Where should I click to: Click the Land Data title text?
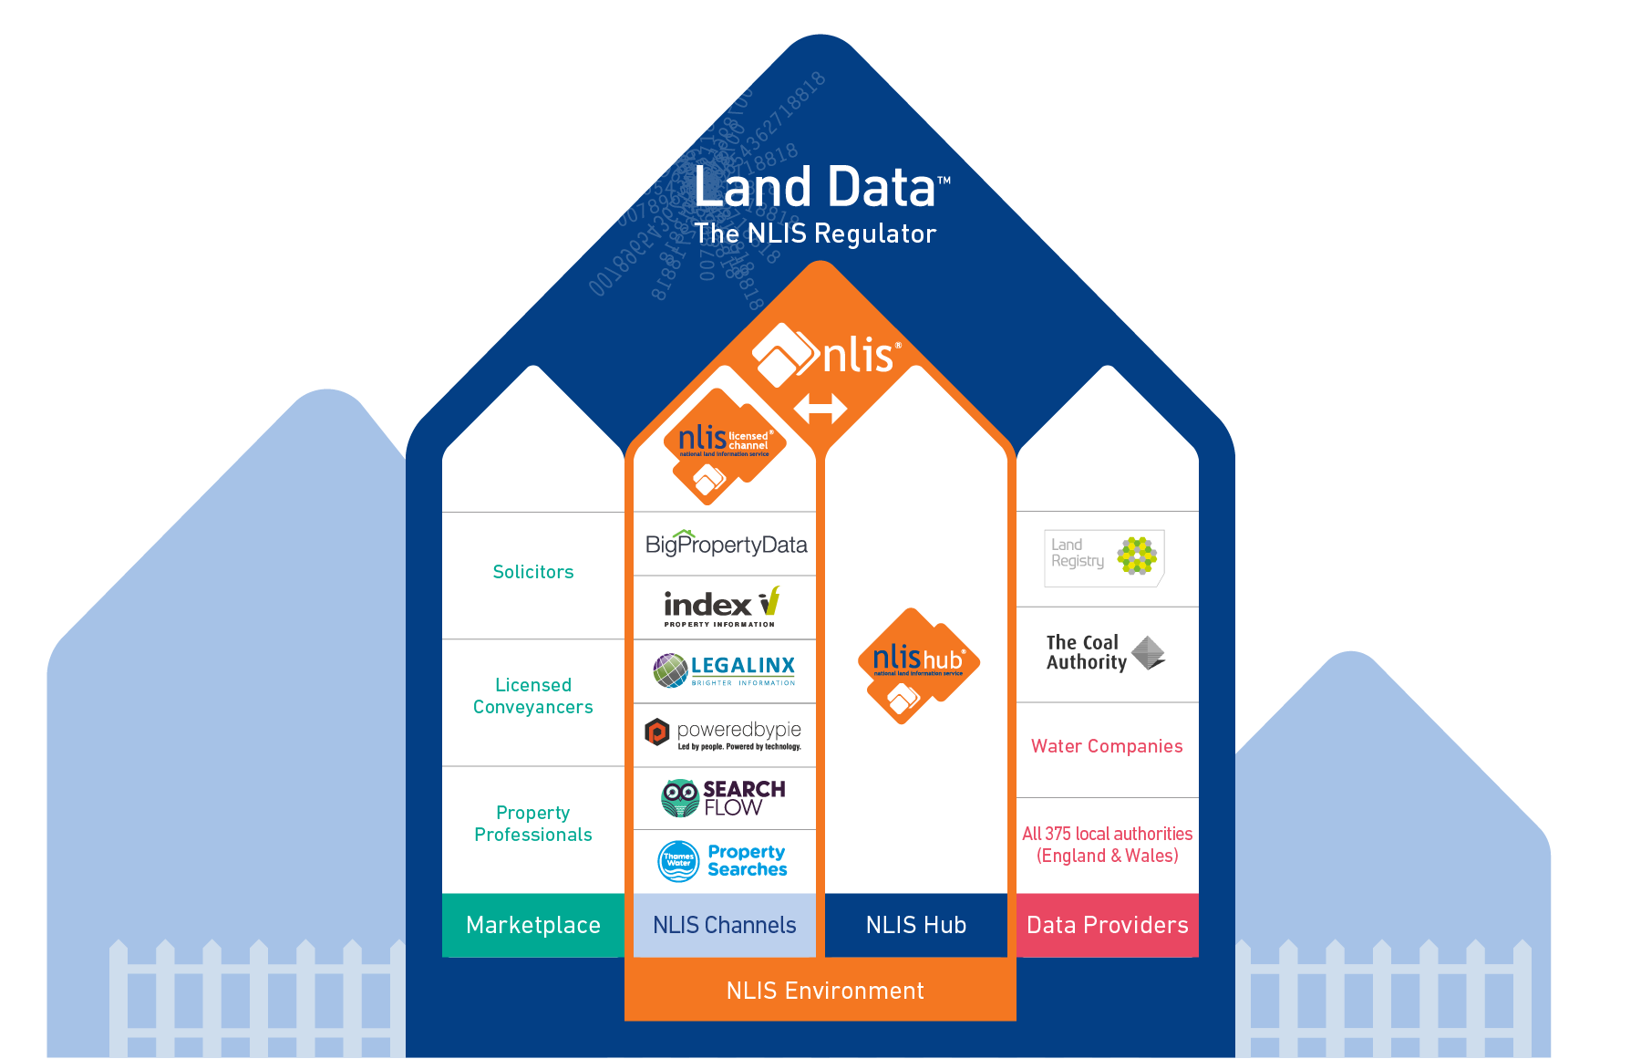click(816, 187)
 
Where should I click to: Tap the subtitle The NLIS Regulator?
click(815, 234)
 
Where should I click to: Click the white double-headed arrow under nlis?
click(820, 408)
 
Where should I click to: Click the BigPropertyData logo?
click(726, 545)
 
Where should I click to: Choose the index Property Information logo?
click(721, 607)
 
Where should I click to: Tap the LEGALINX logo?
click(725, 670)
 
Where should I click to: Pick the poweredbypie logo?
click(724, 733)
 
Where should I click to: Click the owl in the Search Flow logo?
click(679, 798)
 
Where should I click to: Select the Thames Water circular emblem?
click(678, 861)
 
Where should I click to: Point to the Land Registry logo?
click(1104, 556)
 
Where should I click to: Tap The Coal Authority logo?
click(1104, 653)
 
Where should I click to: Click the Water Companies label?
click(1107, 746)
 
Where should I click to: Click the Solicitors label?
click(533, 572)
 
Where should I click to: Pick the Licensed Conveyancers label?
click(533, 696)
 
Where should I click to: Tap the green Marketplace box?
click(533, 925)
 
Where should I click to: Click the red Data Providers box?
click(1107, 925)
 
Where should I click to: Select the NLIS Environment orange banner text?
click(825, 991)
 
